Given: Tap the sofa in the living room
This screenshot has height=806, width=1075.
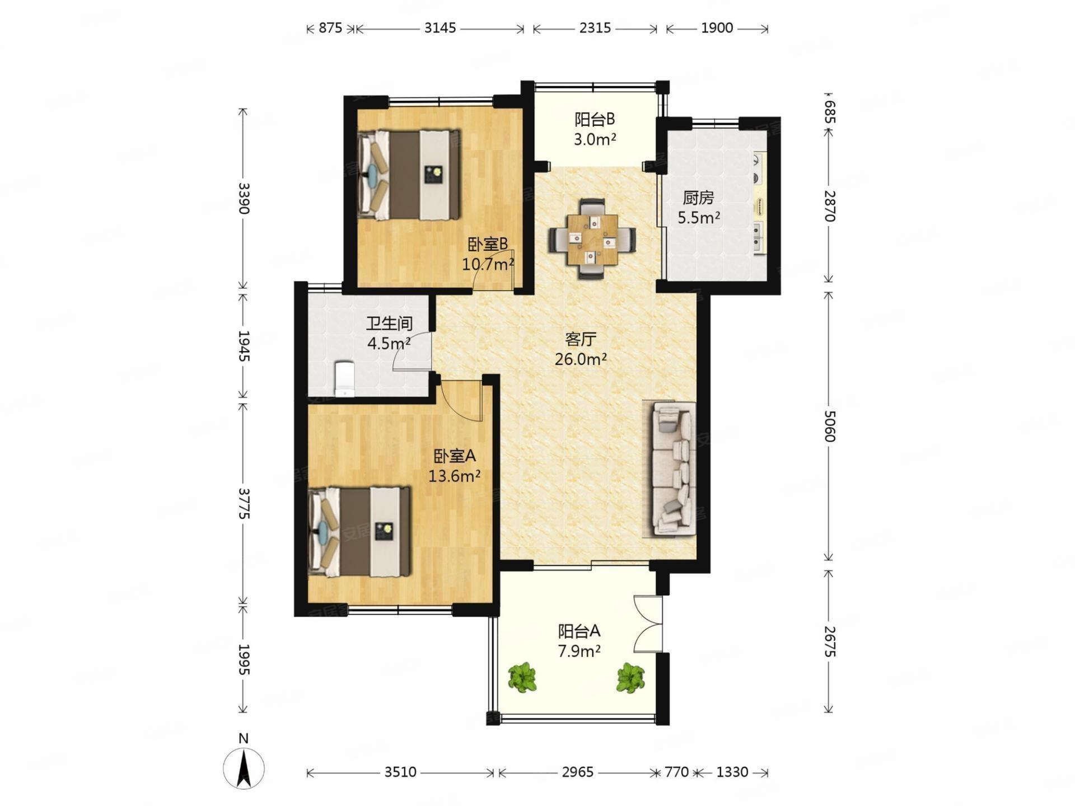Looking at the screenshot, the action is click(674, 470).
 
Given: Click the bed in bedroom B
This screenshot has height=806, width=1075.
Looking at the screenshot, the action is click(409, 175).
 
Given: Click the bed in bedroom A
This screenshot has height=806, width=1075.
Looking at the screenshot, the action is click(359, 531).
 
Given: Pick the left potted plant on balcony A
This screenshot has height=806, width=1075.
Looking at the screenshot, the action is click(523, 677).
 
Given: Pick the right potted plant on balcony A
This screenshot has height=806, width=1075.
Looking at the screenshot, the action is click(631, 677).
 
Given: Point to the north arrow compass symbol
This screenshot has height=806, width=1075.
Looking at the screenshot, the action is click(244, 767).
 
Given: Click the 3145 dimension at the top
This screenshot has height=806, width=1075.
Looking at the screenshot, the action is click(440, 28).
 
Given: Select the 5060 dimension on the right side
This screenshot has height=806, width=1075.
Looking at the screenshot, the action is click(829, 426).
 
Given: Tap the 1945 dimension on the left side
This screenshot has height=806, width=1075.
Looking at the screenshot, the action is click(244, 345).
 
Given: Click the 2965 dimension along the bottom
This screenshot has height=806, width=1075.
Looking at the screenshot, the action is click(577, 772).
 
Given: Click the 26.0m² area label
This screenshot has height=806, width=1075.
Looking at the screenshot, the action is click(581, 359).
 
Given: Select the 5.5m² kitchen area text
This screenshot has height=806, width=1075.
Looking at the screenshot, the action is click(699, 217).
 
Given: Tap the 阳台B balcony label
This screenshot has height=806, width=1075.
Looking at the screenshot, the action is click(595, 119).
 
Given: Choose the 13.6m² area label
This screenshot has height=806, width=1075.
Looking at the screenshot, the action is click(455, 476).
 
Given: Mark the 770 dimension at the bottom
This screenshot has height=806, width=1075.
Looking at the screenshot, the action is click(676, 772).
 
